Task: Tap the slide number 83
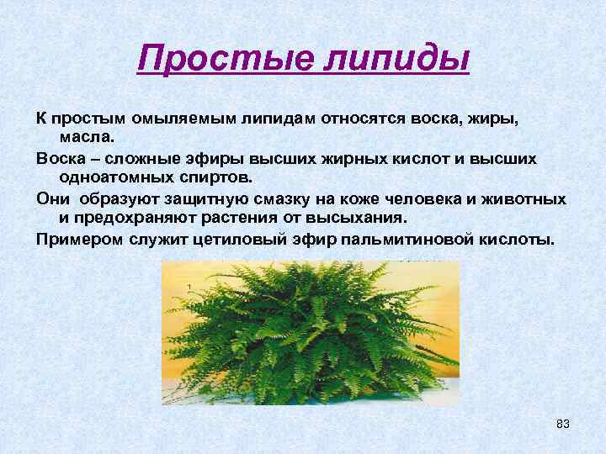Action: click(563, 423)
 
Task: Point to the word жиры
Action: click(497, 119)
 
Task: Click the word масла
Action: click(90, 137)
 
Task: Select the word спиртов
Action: click(221, 177)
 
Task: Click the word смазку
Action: click(283, 198)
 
